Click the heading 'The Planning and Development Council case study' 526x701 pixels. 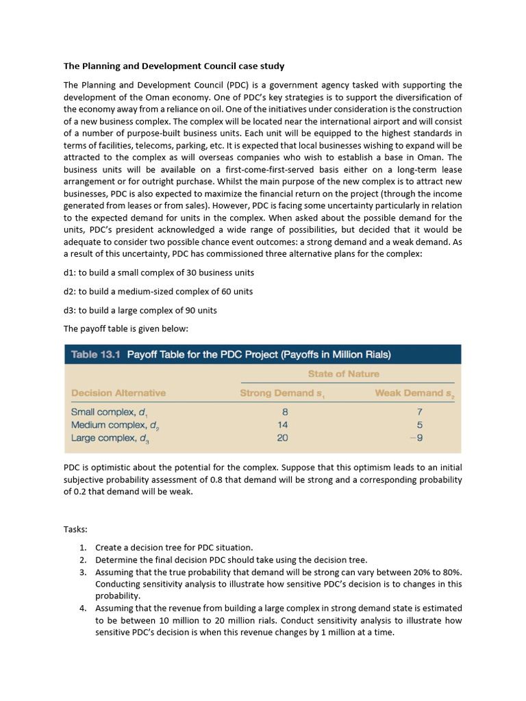pyautogui.click(x=174, y=66)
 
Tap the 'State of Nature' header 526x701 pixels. pyautogui.click(x=343, y=374)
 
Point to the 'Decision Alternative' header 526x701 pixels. pyautogui.click(x=118, y=393)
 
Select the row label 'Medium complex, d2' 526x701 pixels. pyautogui.click(x=115, y=425)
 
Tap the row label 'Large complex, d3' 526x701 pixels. pyautogui.click(x=110, y=438)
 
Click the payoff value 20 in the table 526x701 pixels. pyautogui.click(x=282, y=438)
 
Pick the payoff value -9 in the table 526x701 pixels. pyautogui.click(x=418, y=438)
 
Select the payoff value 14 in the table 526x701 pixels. pyautogui.click(x=282, y=425)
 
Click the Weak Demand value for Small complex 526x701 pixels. pyautogui.click(x=419, y=412)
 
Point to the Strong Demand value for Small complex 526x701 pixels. pyautogui.click(x=284, y=412)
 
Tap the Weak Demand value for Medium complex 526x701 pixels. pyautogui.click(x=419, y=425)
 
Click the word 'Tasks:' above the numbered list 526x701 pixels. pyautogui.click(x=75, y=529)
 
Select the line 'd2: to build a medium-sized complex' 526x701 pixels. pyautogui.click(x=158, y=292)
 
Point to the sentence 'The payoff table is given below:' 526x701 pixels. pyautogui.click(x=125, y=329)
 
